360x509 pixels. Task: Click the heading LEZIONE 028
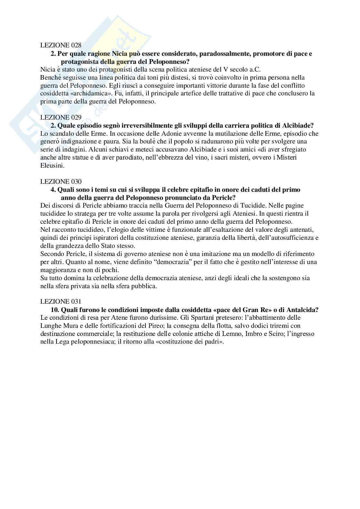pyautogui.click(x=61, y=45)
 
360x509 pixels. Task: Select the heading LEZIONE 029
pyautogui.click(x=61, y=117)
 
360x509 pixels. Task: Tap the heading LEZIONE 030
pyautogui.click(x=61, y=181)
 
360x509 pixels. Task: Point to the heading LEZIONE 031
pyautogui.click(x=61, y=302)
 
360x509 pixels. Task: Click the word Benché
pyautogui.click(x=50, y=78)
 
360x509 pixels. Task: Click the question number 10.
pyautogui.click(x=54, y=310)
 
